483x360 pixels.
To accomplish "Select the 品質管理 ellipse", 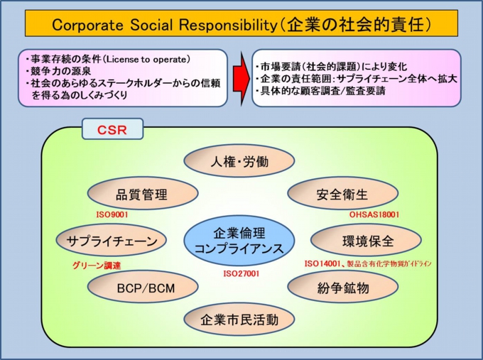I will tap(141, 194).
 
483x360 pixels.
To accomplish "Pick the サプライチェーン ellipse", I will tap(112, 241).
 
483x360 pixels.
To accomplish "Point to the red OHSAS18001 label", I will tap(374, 214).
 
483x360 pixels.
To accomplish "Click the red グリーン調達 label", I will tap(97, 266).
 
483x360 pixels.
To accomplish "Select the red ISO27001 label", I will tap(241, 273).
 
